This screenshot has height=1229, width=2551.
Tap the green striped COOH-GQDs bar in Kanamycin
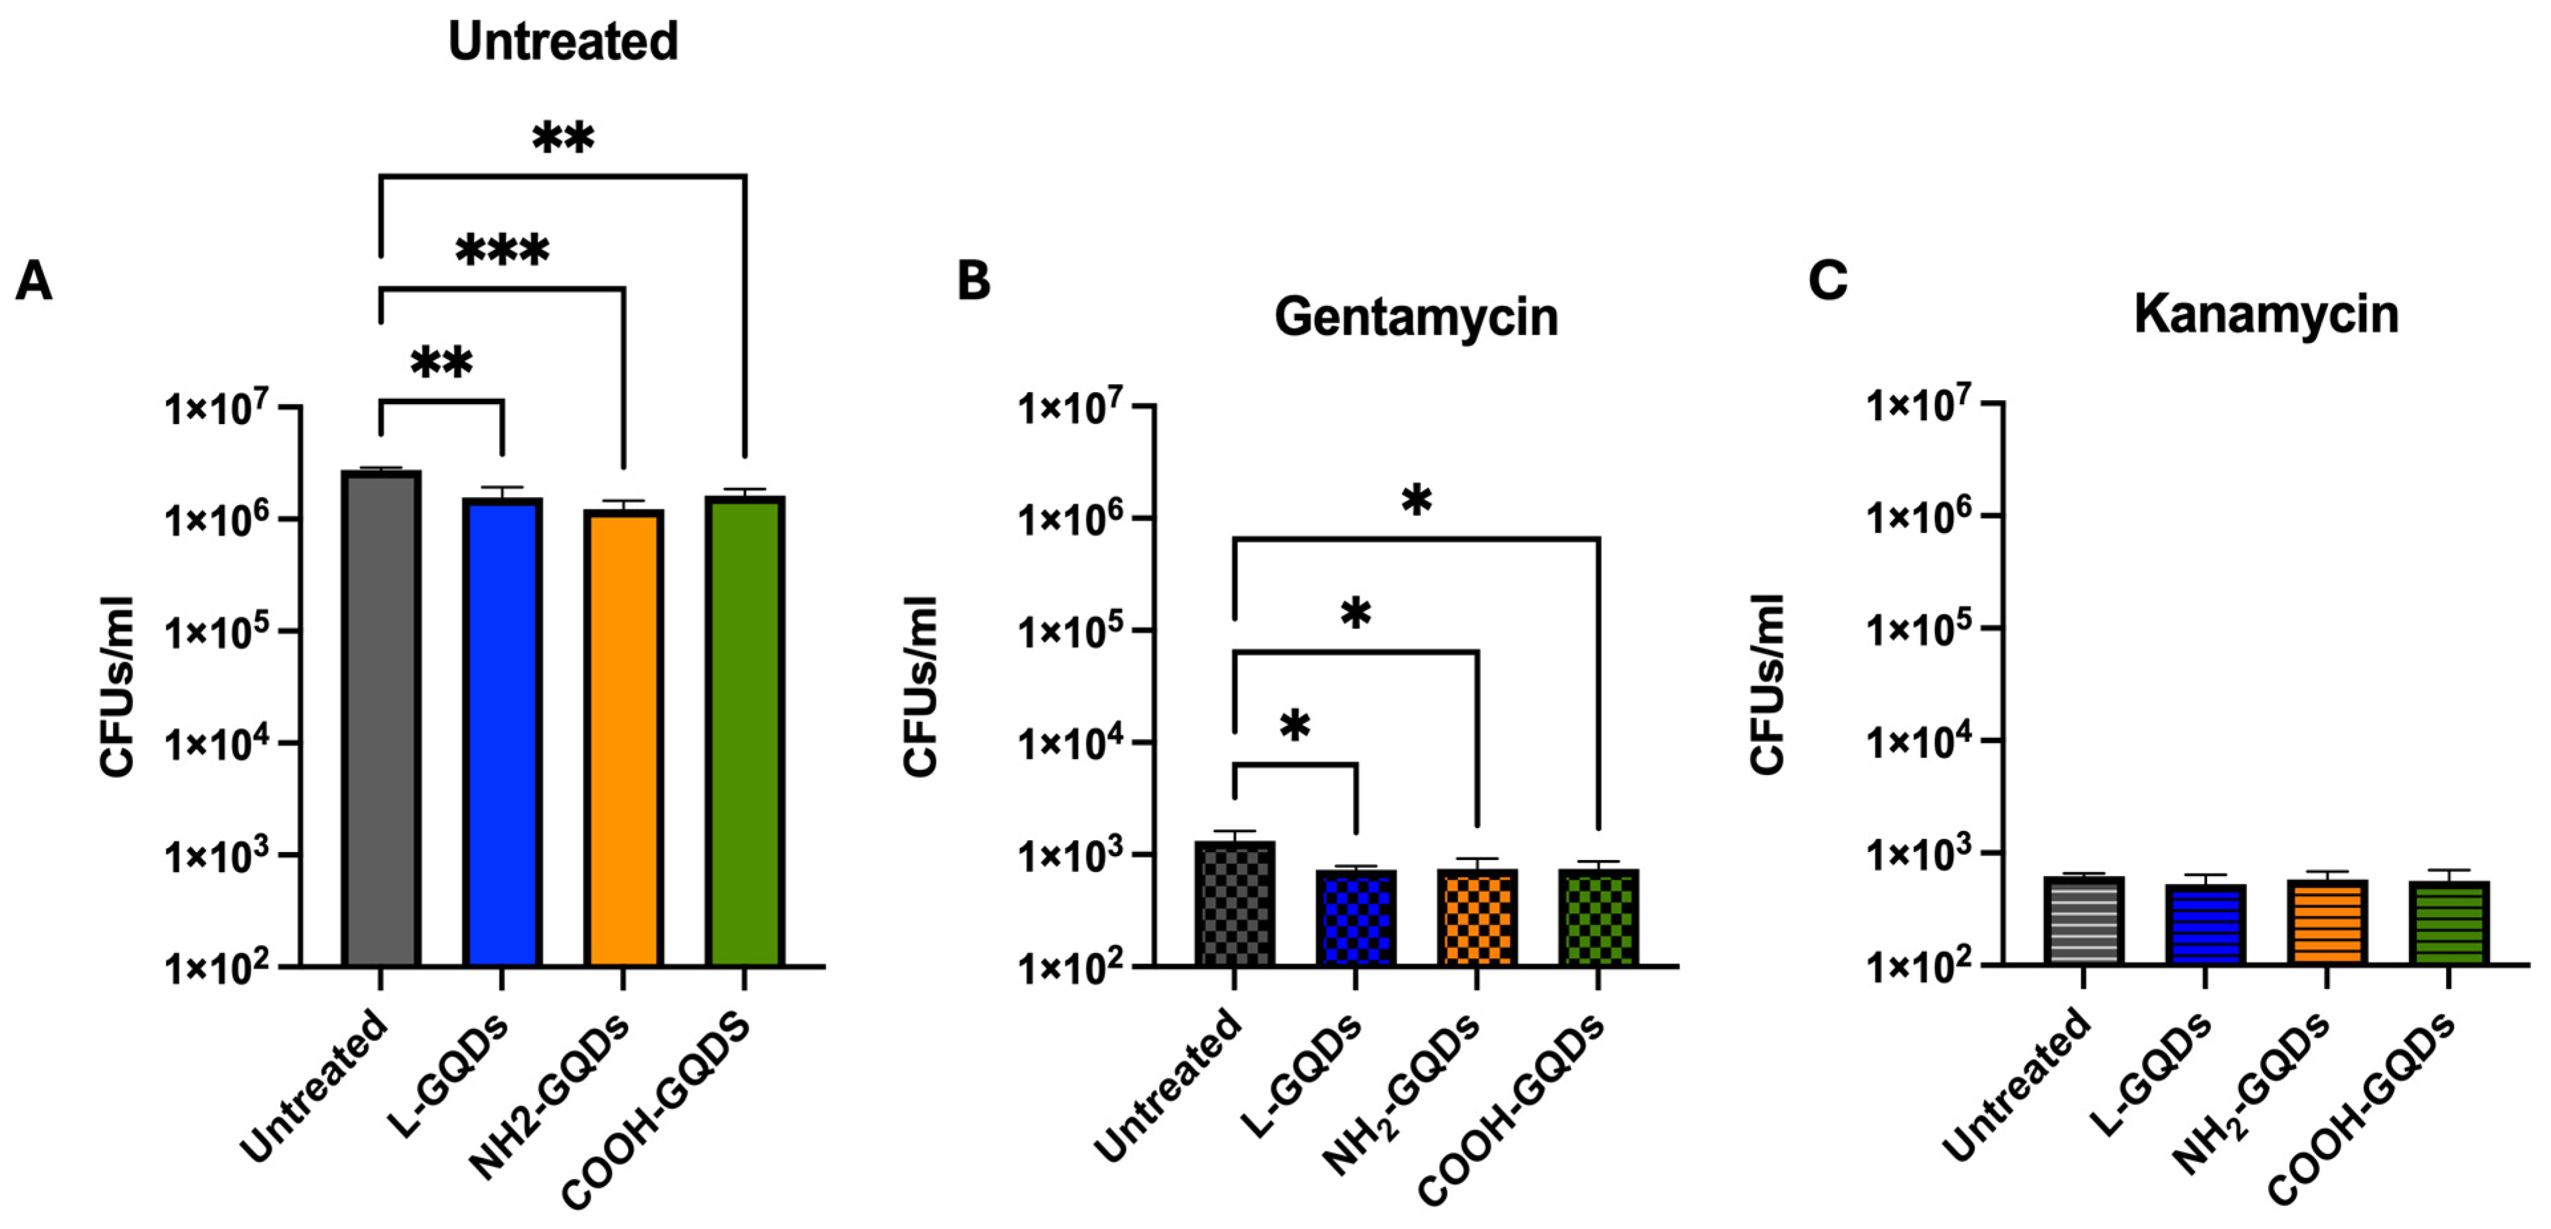click(x=2448, y=922)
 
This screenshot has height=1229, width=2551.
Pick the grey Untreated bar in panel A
click(x=381, y=718)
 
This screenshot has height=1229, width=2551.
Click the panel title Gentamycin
click(x=1415, y=317)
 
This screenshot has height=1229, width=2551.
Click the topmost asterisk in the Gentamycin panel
click(x=1416, y=501)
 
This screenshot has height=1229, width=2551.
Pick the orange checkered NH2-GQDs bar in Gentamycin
click(x=1476, y=917)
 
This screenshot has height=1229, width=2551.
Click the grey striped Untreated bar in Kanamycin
click(x=2084, y=920)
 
